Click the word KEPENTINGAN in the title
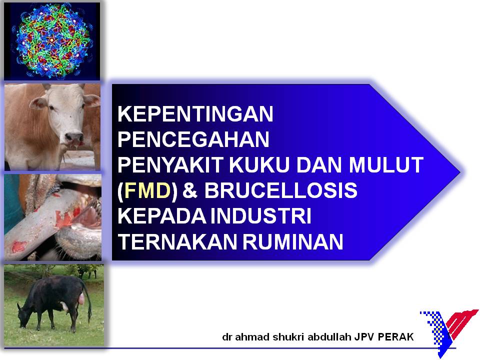pos(195,114)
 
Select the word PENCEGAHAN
pos(193,139)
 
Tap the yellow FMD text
pos(147,190)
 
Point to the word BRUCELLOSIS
pos(280,190)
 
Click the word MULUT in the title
pos(386,164)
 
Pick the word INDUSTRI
pos(261,216)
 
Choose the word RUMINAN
pos(293,241)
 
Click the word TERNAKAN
pos(177,241)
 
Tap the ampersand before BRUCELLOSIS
pos(190,190)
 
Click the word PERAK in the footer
pos(395,337)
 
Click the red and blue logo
pos(449,332)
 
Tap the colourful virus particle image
pos(51,41)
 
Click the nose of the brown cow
pos(74,137)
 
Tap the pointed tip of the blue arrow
pos(460,172)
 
